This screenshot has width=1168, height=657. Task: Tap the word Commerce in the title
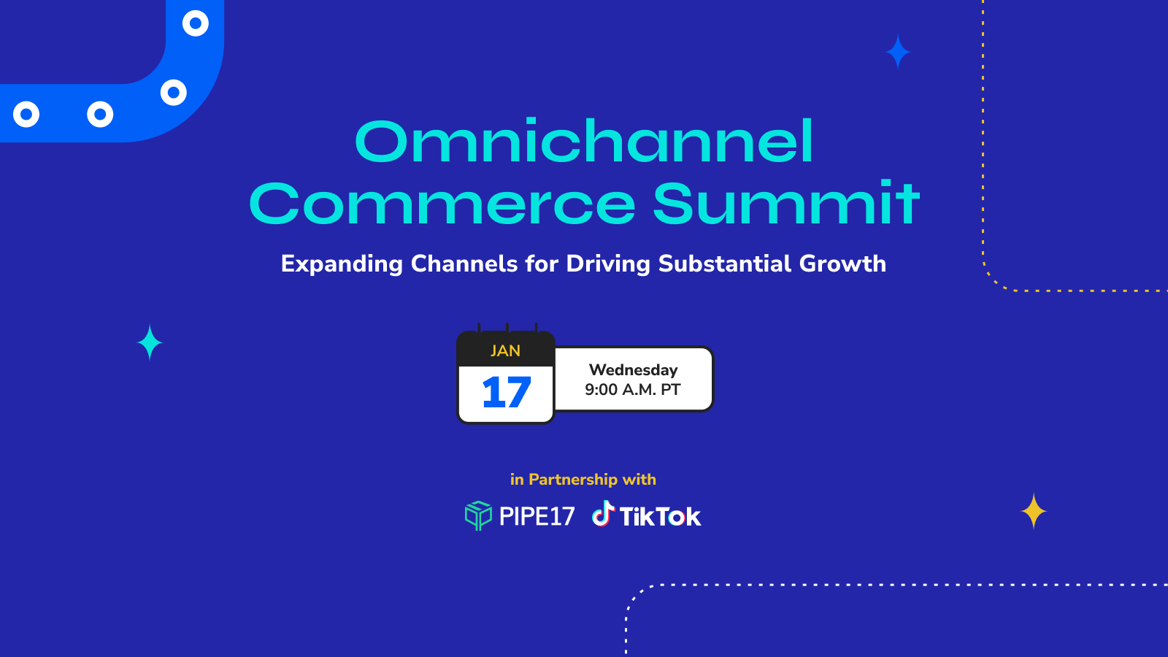(x=442, y=204)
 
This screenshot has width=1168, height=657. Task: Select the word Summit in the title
(x=786, y=202)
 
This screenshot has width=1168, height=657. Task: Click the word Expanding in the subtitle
(x=342, y=264)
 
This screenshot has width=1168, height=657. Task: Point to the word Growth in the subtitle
(x=842, y=264)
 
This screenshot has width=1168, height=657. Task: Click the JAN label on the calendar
(x=505, y=351)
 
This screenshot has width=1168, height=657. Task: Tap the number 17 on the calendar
(x=507, y=392)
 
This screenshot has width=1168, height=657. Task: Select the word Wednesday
(x=633, y=369)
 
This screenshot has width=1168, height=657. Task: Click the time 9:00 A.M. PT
(x=632, y=390)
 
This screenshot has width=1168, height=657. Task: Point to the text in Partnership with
(x=583, y=479)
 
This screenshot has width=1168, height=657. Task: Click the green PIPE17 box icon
(x=478, y=515)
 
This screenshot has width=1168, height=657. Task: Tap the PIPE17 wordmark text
(x=537, y=516)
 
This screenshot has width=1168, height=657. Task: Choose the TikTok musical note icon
(x=603, y=513)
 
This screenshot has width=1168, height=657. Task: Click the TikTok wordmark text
(x=660, y=517)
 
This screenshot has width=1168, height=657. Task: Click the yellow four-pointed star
(x=1034, y=511)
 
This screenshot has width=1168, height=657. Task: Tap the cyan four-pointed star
(x=150, y=342)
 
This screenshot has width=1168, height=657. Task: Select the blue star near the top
(x=898, y=52)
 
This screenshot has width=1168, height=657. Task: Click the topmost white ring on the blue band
(x=196, y=23)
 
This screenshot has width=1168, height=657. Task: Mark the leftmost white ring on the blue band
(x=26, y=114)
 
